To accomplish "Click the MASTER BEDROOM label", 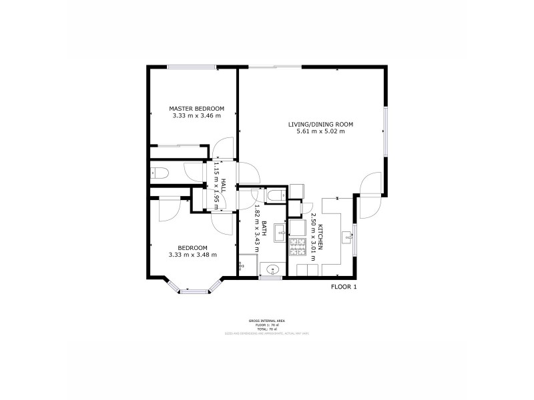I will coord(196,108).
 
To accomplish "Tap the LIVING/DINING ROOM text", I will coord(320,124).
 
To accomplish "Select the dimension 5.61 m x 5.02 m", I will coord(320,131).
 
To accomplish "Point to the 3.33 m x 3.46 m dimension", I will coord(196,115).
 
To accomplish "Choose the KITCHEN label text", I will coord(321,237).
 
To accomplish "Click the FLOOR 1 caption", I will coord(345,287).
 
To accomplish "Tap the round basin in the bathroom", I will coord(272,270).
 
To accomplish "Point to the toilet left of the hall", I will coord(160,173).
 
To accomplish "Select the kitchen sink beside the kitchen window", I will coord(346,237).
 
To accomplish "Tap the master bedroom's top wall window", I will coord(192,66).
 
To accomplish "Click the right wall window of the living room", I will coord(385,130).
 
